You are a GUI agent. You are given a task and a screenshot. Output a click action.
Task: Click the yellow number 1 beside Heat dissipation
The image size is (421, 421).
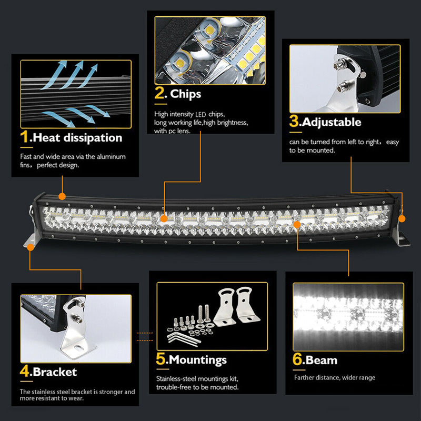click(x=24, y=136)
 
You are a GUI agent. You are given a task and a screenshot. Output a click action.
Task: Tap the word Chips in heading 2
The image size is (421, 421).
click(x=186, y=94)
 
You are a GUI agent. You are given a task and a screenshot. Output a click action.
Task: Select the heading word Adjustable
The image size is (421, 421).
click(x=332, y=122)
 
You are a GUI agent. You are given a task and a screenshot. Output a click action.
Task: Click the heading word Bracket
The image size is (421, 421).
click(x=55, y=372)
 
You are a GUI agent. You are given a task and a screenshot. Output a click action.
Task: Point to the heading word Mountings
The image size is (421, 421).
click(x=198, y=360)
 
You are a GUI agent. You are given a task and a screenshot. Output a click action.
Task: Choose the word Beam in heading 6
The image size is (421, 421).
click(x=322, y=360)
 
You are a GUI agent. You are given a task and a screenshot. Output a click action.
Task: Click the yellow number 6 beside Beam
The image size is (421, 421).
click(x=297, y=359)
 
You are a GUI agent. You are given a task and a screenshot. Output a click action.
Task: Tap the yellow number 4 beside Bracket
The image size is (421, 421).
click(x=24, y=371)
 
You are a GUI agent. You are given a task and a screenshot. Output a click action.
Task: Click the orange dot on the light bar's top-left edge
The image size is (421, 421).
click(x=62, y=196)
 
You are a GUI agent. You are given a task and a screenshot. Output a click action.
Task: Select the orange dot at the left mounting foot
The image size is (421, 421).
click(x=31, y=247)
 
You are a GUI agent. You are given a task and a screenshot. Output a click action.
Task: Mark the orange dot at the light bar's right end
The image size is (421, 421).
click(x=402, y=218)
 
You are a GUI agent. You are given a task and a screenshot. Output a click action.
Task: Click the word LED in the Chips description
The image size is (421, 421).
click(x=201, y=115)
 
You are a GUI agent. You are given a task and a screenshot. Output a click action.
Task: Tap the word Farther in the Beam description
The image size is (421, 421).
click(x=304, y=377)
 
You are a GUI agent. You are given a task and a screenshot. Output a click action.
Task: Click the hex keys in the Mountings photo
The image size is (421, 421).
click(x=183, y=338)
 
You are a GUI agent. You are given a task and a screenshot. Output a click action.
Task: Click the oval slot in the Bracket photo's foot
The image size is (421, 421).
click(x=79, y=348)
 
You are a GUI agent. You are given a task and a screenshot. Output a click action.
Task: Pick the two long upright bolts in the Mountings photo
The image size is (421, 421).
click(x=203, y=314)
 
